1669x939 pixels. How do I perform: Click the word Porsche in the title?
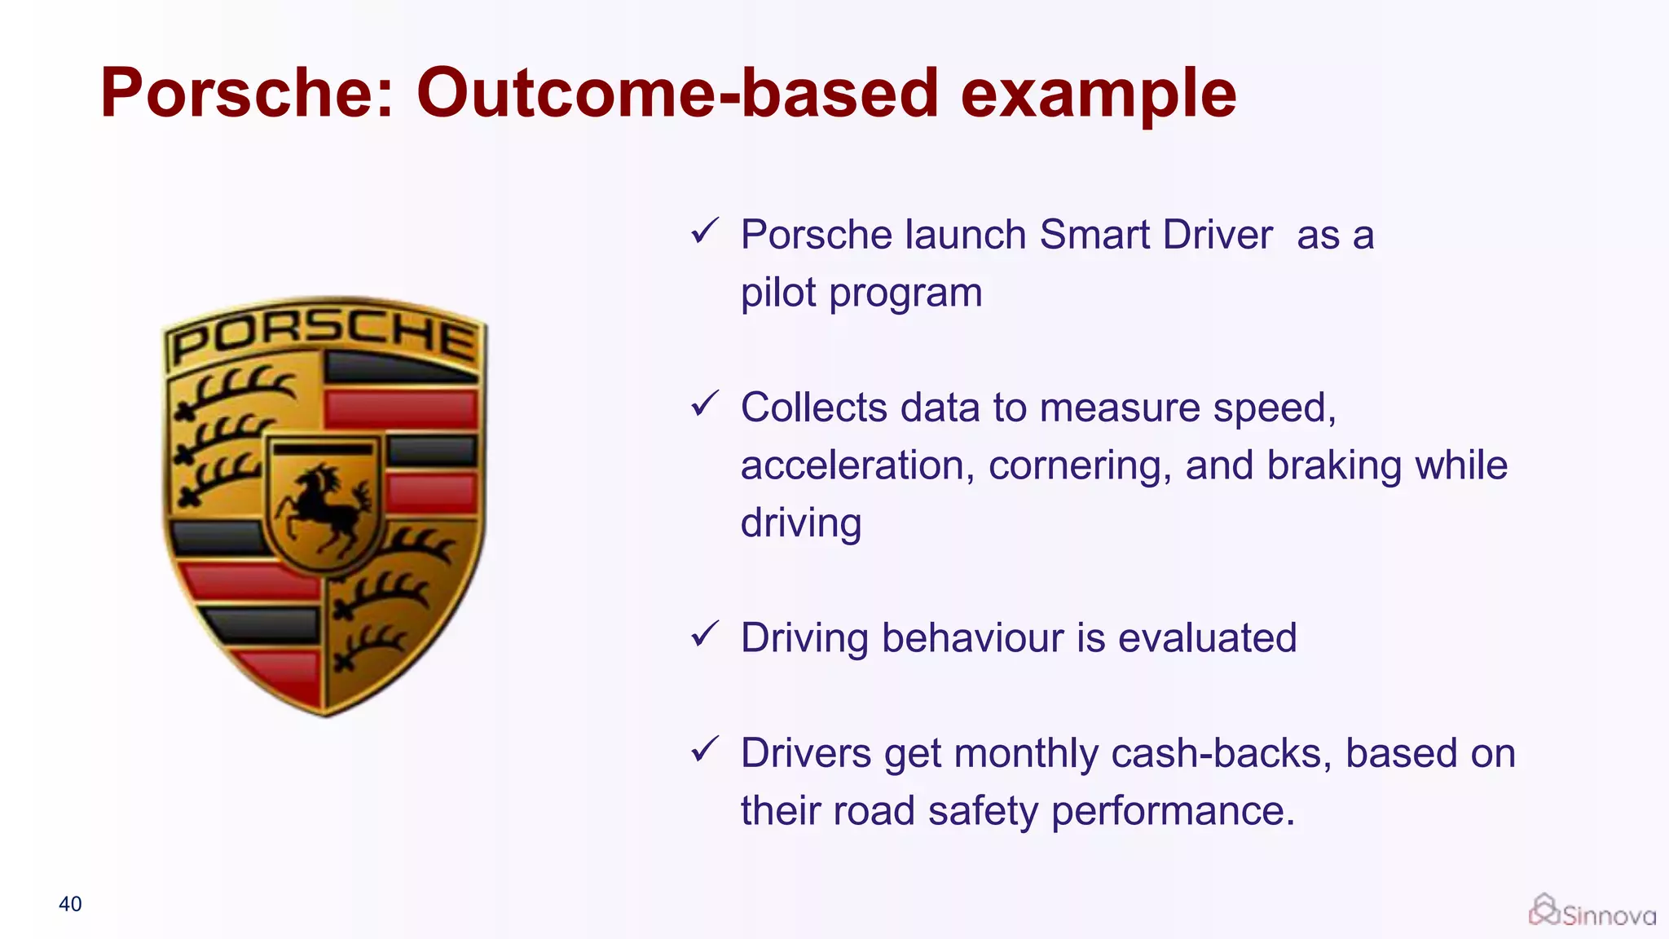point(235,92)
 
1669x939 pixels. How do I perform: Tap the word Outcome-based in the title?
point(677,92)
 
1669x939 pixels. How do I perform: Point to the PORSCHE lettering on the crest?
point(324,334)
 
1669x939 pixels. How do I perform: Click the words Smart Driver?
point(1156,235)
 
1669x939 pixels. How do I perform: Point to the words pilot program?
point(861,293)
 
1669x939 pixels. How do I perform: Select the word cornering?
point(1080,465)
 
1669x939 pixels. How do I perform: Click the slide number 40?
point(70,904)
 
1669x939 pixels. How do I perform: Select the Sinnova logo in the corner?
point(1592,911)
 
